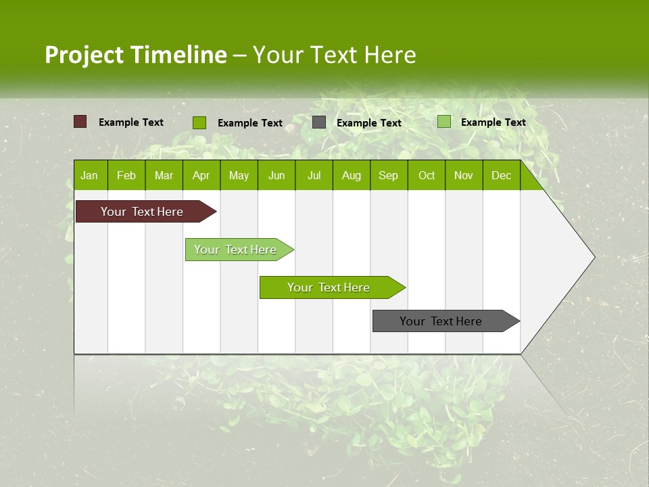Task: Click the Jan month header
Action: click(89, 176)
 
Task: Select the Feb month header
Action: click(126, 176)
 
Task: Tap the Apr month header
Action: click(201, 176)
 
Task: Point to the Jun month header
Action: click(277, 176)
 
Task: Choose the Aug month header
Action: click(351, 176)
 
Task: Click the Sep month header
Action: click(388, 176)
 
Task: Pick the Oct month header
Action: click(427, 176)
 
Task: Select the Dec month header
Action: click(501, 176)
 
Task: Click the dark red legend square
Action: click(80, 122)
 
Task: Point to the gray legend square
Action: click(319, 122)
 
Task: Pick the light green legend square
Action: click(443, 122)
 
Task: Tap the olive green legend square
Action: click(199, 122)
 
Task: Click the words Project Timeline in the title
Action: click(135, 55)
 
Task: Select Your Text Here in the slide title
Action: click(334, 55)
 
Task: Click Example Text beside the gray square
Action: click(369, 123)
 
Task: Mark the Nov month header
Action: click(464, 176)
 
